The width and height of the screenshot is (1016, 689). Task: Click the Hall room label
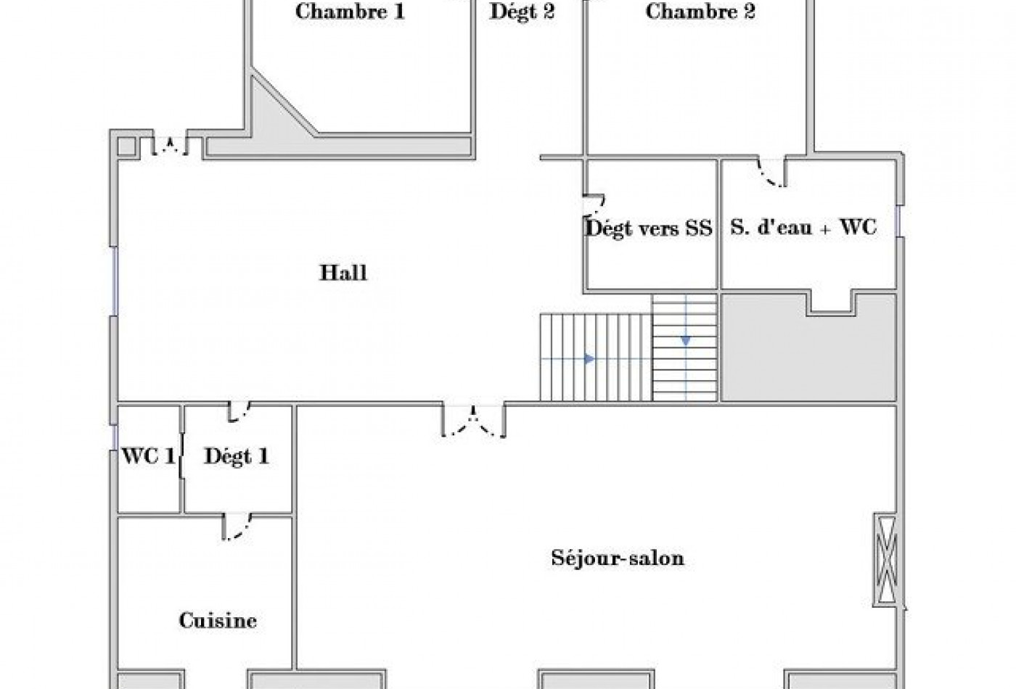pyautogui.click(x=343, y=273)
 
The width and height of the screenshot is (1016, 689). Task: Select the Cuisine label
pyautogui.click(x=218, y=621)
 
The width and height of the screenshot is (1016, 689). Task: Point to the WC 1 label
pyautogui.click(x=148, y=456)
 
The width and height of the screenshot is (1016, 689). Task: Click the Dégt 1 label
pyautogui.click(x=237, y=456)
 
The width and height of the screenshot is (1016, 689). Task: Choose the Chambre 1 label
pyautogui.click(x=351, y=12)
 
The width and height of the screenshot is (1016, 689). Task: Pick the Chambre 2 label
pyautogui.click(x=700, y=12)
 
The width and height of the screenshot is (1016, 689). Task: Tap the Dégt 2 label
pyautogui.click(x=523, y=12)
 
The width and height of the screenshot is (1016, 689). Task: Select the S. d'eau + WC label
pyautogui.click(x=803, y=228)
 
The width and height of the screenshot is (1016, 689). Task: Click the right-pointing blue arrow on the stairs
pyautogui.click(x=590, y=358)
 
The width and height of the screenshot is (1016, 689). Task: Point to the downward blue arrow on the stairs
pyautogui.click(x=686, y=340)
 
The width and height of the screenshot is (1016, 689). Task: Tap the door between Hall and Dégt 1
pyautogui.click(x=239, y=411)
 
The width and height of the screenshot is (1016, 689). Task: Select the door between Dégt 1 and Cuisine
pyautogui.click(x=237, y=527)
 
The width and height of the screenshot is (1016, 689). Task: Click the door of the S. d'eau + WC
pyautogui.click(x=771, y=172)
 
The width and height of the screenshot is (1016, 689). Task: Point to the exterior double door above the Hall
pyautogui.click(x=171, y=144)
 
